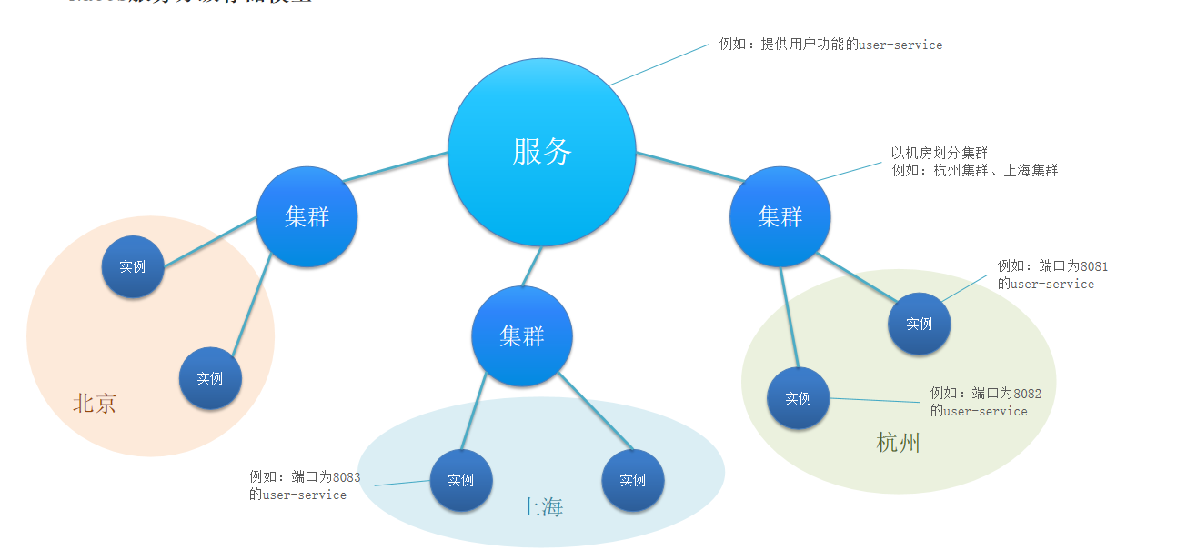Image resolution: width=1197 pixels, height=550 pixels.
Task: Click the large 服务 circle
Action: (x=542, y=152)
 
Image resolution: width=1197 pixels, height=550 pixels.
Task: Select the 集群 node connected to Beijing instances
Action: (x=307, y=217)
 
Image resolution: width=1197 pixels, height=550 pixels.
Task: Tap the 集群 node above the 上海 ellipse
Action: (x=521, y=336)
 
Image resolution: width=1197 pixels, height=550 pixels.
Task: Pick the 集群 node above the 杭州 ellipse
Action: (x=780, y=216)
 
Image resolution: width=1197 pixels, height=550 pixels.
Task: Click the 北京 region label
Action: (x=95, y=404)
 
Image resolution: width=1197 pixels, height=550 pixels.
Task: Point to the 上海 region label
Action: (x=541, y=507)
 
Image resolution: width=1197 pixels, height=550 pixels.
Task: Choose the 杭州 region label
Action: (x=899, y=443)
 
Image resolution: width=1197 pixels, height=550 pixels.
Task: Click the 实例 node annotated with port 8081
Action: (x=919, y=324)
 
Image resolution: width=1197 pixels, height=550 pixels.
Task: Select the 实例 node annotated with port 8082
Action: (x=798, y=398)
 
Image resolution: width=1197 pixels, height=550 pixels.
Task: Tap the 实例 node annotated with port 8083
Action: (x=461, y=480)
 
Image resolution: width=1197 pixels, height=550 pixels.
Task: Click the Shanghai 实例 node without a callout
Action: (x=632, y=480)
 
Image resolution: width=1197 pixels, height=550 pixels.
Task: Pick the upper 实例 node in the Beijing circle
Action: (x=133, y=267)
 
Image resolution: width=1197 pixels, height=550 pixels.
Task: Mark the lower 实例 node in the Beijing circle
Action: (x=210, y=378)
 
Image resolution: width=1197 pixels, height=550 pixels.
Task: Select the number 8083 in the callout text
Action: (x=346, y=476)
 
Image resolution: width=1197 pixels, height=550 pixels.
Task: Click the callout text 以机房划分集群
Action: (x=939, y=153)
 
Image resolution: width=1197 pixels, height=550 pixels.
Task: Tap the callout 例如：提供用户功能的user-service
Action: (x=830, y=45)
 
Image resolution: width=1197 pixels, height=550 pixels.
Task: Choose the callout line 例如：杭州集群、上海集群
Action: (x=974, y=170)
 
